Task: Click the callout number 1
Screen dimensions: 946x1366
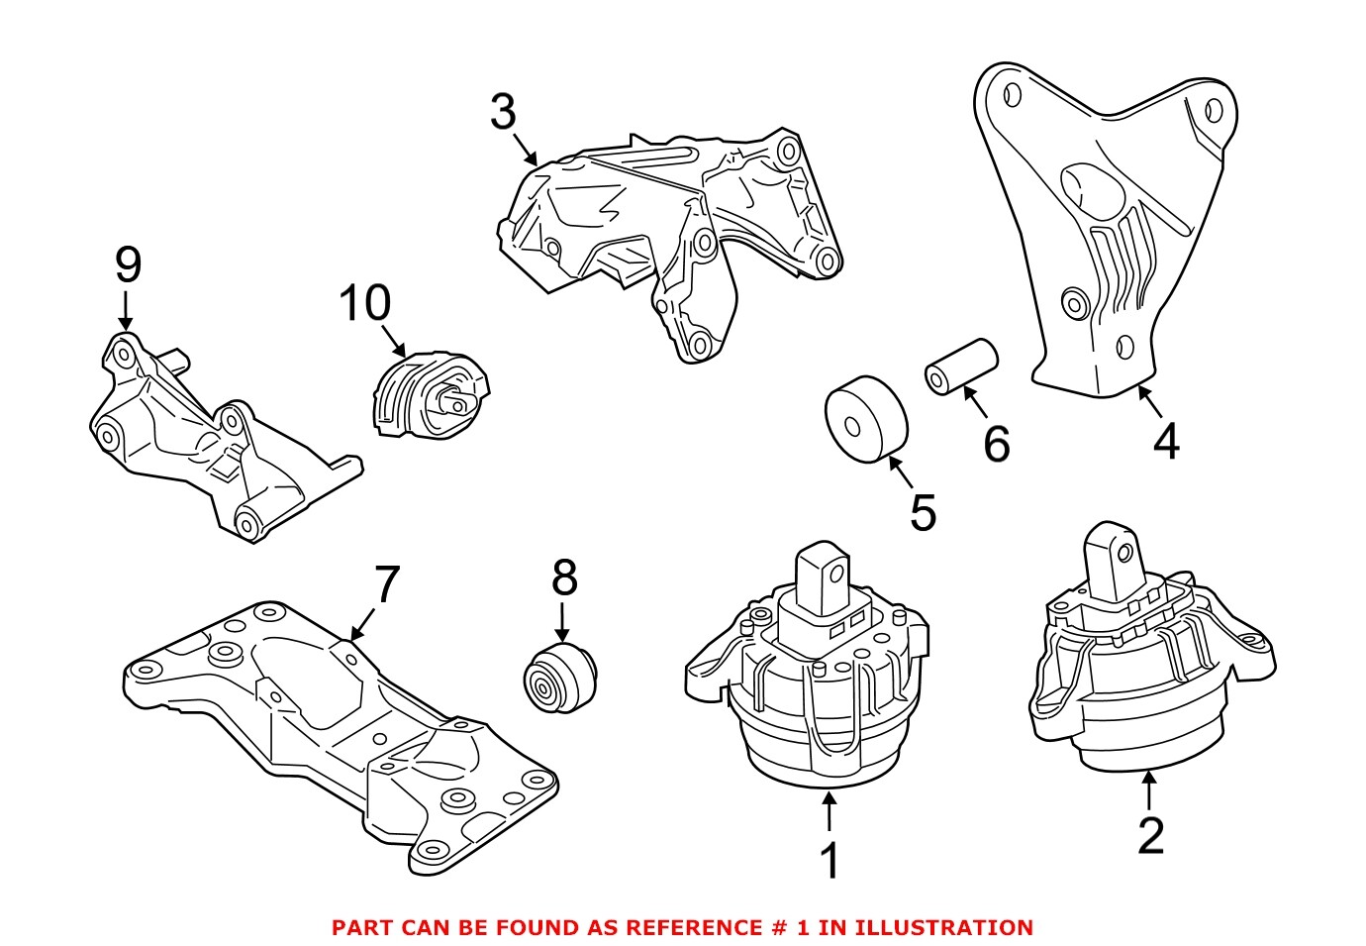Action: [x=829, y=861]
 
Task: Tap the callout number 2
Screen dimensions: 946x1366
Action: [x=1150, y=835]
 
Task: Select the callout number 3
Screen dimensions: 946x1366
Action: [x=503, y=112]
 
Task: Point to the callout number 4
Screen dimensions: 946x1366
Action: [x=1166, y=441]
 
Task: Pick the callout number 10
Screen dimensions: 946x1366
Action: [x=364, y=303]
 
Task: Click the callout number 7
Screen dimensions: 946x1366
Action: [x=385, y=584]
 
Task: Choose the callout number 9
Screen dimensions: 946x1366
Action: [x=128, y=264]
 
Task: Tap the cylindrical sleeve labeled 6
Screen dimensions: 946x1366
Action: [x=961, y=366]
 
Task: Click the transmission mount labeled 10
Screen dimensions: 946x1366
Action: [x=430, y=395]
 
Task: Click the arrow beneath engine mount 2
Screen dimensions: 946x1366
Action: [x=1149, y=789]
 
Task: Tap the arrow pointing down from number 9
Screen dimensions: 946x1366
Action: [x=126, y=309]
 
